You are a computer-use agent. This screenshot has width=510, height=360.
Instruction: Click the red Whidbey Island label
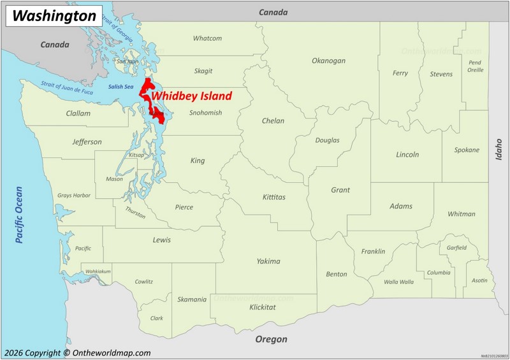(191, 97)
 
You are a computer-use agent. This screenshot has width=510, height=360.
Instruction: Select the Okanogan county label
(328, 61)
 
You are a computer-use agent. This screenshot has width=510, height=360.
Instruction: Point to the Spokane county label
(467, 150)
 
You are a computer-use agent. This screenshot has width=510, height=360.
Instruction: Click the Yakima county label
(268, 261)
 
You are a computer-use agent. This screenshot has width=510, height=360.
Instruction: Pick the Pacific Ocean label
(18, 215)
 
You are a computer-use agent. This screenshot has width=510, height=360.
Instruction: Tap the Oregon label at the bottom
(272, 340)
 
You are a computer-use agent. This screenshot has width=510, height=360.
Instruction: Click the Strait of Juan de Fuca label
(67, 87)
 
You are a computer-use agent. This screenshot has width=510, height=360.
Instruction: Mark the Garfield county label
(456, 248)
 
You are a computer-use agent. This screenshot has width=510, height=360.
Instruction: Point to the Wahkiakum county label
(98, 271)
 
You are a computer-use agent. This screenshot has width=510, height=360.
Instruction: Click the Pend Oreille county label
(475, 66)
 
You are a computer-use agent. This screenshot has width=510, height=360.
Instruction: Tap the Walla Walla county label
(398, 282)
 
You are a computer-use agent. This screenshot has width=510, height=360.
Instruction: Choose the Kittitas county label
(274, 197)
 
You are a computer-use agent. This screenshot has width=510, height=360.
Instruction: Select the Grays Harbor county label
(74, 196)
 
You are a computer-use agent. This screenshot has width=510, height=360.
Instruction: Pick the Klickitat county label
(263, 307)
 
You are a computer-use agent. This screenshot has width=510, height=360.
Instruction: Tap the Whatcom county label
(207, 38)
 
